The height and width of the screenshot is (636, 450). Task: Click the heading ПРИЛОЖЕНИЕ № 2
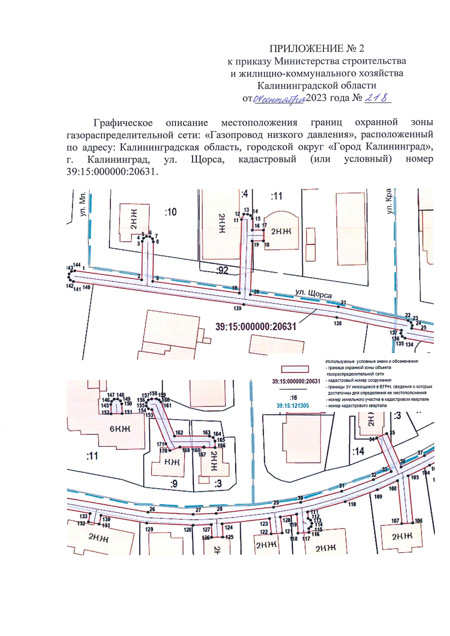pos(316,48)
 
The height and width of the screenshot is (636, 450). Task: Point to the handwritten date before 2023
pos(279,99)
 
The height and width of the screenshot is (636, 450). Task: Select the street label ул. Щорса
pos(313,293)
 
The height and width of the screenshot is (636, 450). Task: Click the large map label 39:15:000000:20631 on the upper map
pos(256,327)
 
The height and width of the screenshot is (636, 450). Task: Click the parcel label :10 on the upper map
pos(171,212)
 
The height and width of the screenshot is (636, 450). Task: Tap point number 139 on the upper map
pos(237,308)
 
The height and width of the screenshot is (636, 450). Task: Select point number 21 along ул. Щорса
pos(343,302)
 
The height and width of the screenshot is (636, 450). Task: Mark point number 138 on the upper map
pos(337,323)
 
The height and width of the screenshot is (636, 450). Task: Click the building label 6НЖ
pos(120,429)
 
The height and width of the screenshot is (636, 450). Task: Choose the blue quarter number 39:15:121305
pos(292,406)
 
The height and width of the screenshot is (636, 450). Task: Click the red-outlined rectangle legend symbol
pos(295,369)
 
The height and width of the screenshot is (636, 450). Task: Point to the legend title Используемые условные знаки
pos(372,362)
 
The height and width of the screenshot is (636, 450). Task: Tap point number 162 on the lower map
pos(179,432)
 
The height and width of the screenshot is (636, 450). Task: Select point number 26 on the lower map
pos(152,509)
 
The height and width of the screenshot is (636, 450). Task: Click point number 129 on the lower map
pos(149,529)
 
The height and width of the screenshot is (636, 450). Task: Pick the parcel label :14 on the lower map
pos(358,451)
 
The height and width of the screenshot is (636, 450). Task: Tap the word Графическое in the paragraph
pos(123,123)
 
